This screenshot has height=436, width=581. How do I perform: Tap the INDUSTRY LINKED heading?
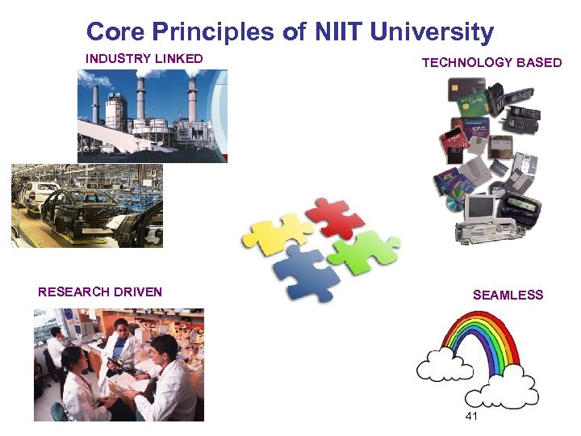click(144, 59)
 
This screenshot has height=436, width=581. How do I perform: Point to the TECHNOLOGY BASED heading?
click(491, 63)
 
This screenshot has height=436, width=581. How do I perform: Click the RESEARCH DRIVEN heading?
click(100, 292)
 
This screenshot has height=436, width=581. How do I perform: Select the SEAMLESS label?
click(508, 296)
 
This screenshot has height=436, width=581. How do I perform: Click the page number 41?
click(472, 417)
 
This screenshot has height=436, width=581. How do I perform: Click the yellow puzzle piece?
click(274, 237)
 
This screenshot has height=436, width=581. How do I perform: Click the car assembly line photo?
click(86, 205)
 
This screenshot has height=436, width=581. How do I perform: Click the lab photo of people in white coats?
click(119, 365)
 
